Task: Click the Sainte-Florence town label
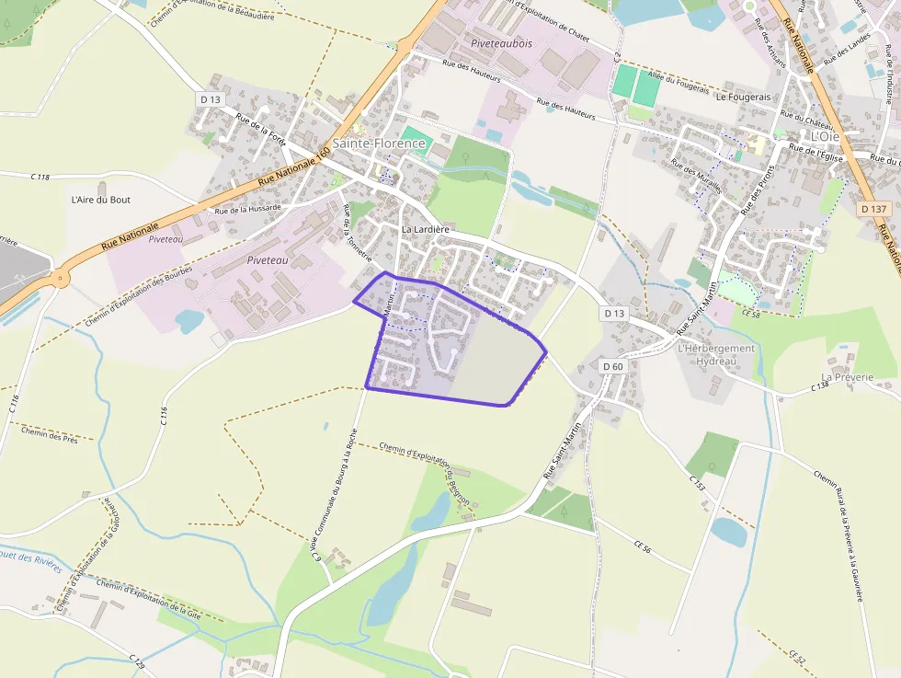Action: point(379,144)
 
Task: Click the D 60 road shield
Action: point(613,366)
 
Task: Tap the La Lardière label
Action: point(425,229)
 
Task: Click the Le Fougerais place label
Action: point(743,97)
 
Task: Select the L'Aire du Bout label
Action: point(101,199)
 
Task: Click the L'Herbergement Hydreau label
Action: point(715,355)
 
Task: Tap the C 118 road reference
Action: point(40,177)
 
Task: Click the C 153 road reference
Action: point(696,482)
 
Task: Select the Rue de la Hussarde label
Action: point(246,210)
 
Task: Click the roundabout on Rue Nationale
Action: point(61,277)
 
